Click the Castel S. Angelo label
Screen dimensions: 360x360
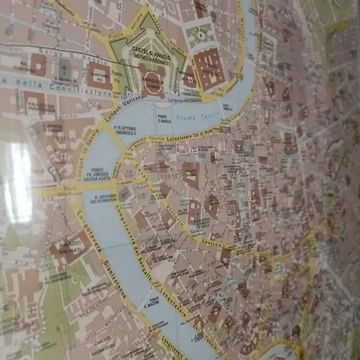150,52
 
